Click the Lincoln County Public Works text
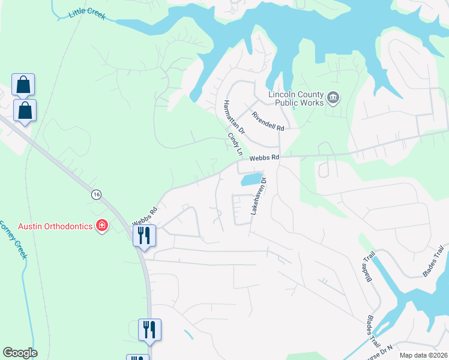pos(295,98)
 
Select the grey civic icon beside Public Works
pos(334,97)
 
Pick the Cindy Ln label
pos(234,145)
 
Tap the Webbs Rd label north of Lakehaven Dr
pos(265,157)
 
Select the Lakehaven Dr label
pos(258,196)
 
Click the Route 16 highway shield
pos(95,194)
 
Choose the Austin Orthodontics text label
pos(55,226)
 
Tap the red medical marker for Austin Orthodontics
pos(102,226)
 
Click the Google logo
pos(20,352)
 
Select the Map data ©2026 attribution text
pos(423,355)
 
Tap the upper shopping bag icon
pos(23,85)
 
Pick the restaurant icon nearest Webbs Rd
pos(144,235)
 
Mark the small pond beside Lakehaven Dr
pos(252,179)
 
